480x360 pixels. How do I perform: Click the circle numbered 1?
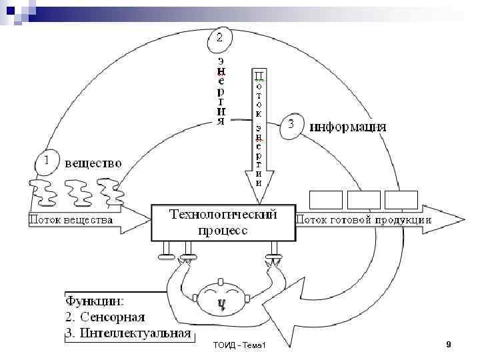[x=46, y=162]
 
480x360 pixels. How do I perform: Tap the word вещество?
[x=93, y=162]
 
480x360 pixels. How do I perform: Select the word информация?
[x=348, y=126]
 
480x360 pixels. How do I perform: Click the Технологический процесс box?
[x=223, y=222]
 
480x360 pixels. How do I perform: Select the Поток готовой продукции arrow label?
[x=363, y=219]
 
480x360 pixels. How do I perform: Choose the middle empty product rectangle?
[x=364, y=200]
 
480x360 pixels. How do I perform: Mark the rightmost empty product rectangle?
[x=401, y=200]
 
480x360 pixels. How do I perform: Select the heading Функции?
[x=99, y=301]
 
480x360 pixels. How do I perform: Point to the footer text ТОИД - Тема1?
[x=239, y=345]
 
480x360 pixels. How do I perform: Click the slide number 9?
[x=449, y=344]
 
